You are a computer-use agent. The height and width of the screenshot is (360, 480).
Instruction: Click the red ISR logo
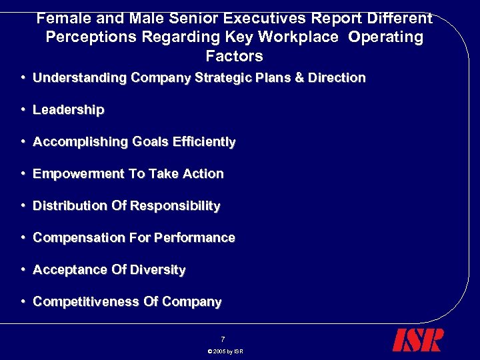point(417,339)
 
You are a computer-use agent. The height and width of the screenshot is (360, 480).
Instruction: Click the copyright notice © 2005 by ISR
point(225,351)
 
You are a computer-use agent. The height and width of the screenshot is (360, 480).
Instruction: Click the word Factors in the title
point(234,56)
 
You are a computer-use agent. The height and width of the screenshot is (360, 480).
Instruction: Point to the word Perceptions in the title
point(88,37)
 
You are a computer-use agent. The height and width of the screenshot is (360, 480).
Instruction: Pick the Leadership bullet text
point(68,110)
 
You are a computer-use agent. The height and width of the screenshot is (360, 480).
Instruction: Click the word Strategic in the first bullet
point(220,78)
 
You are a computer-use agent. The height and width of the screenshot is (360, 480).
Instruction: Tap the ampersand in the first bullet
point(299,78)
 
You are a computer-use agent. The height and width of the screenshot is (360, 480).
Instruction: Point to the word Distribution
point(70,206)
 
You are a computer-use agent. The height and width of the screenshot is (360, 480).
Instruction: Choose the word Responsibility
point(175,206)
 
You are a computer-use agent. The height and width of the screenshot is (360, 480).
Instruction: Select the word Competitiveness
point(86,302)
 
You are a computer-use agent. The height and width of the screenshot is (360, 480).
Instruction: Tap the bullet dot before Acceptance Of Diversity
point(23,270)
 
